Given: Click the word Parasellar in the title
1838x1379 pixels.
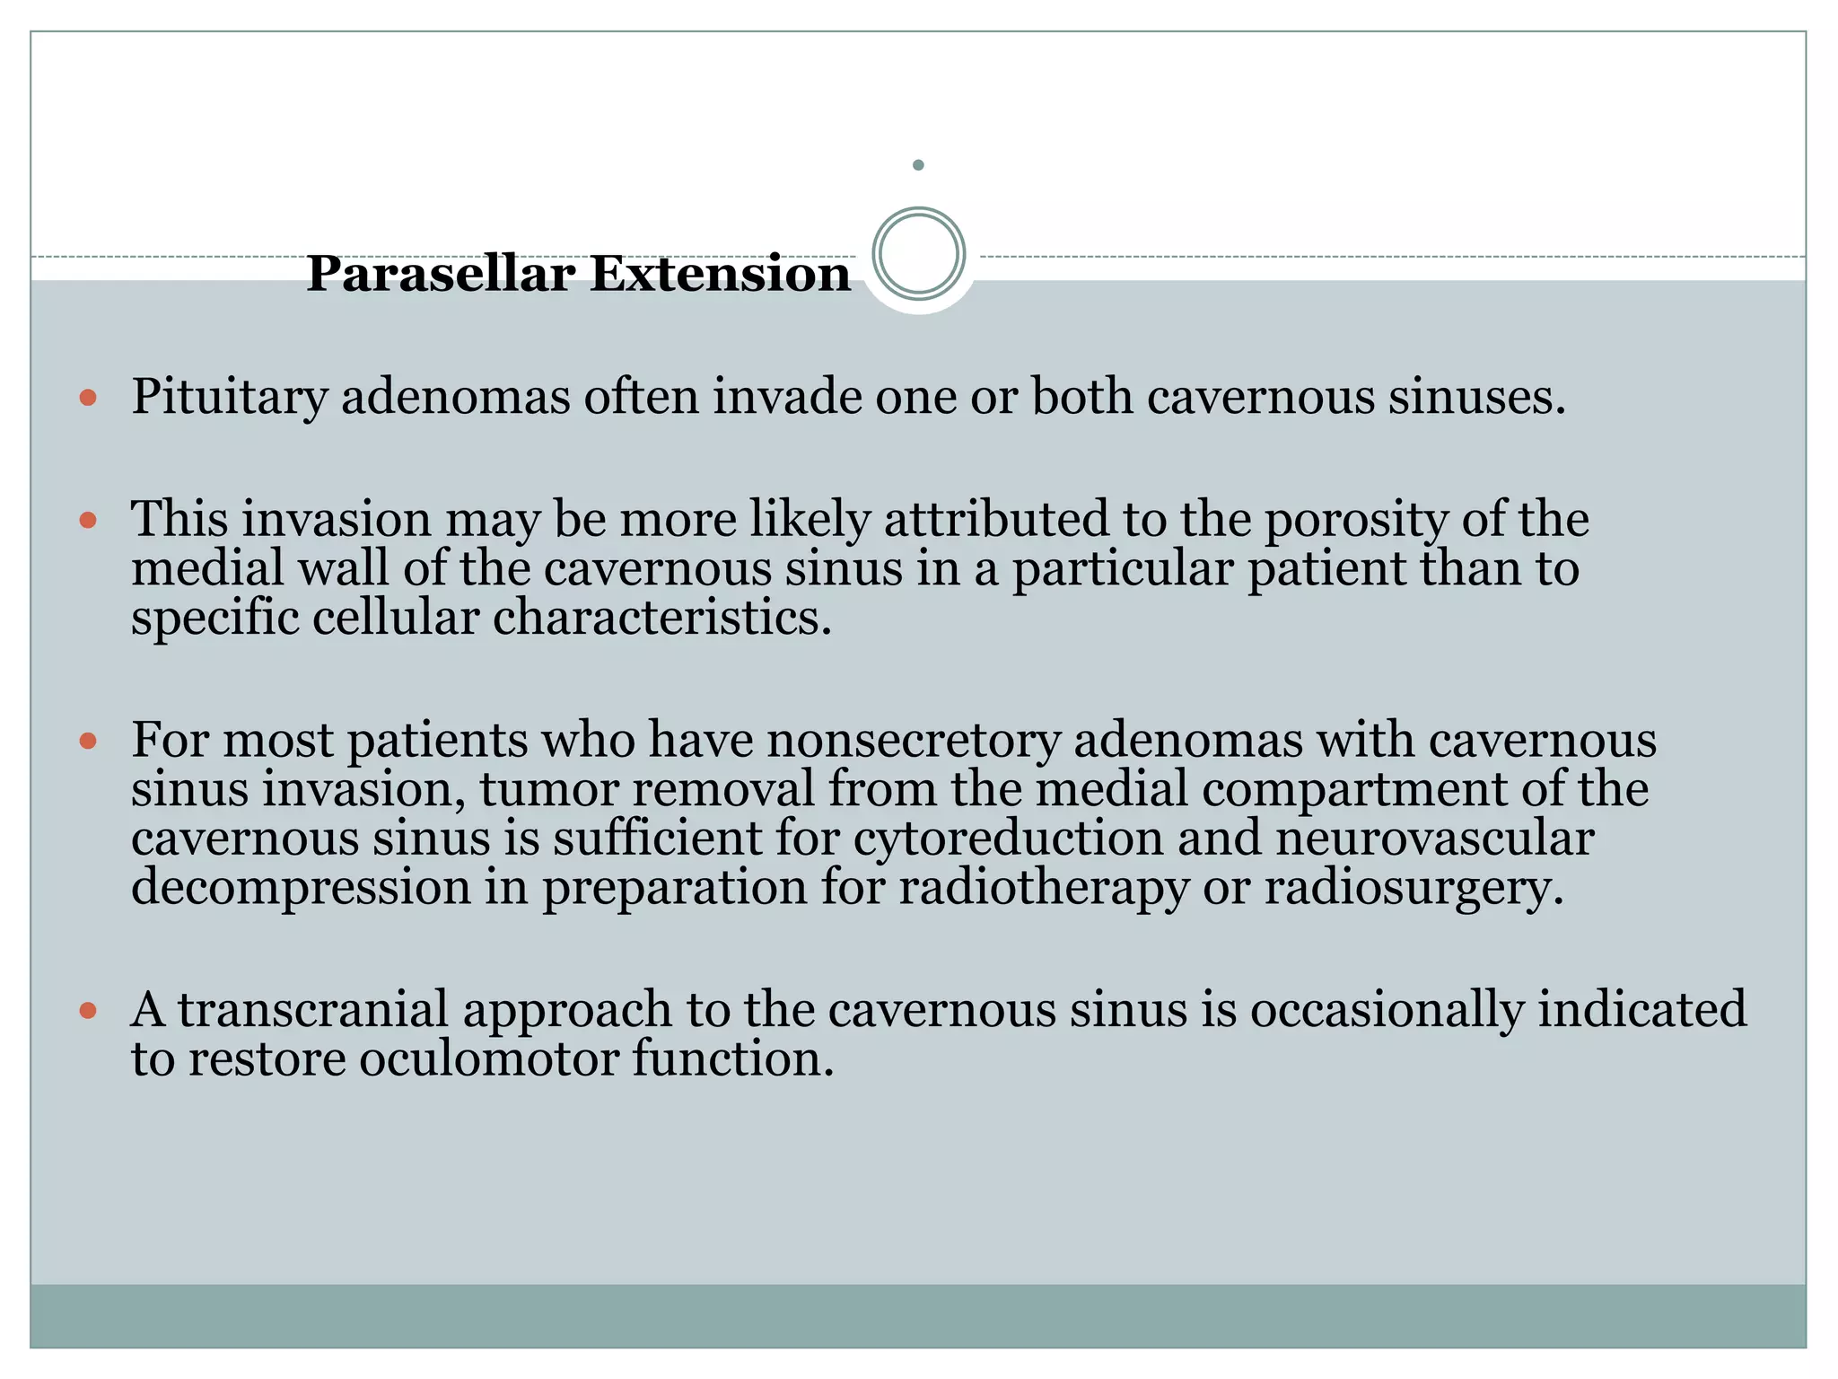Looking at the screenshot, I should click(440, 274).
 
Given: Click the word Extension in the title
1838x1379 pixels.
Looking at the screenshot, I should click(720, 274).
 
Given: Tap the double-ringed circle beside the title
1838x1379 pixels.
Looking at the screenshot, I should click(918, 254).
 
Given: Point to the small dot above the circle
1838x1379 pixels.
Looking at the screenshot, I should click(918, 165).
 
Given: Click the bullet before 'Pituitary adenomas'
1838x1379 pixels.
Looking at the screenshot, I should click(88, 397).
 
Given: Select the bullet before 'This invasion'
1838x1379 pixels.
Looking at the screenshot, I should click(88, 520).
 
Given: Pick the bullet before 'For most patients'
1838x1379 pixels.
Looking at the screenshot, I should click(88, 741).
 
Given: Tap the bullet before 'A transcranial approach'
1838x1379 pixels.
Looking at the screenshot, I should click(88, 1010).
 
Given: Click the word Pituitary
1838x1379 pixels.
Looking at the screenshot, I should click(229, 397).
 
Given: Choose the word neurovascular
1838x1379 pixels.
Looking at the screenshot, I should click(1434, 839).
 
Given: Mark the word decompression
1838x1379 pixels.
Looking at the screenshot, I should click(302, 888).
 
